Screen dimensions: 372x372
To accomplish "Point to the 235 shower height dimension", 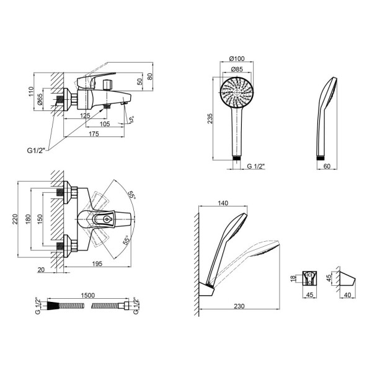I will (210, 117).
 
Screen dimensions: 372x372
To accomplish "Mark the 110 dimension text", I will (31, 92).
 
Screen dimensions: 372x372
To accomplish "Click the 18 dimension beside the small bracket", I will (293, 280).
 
